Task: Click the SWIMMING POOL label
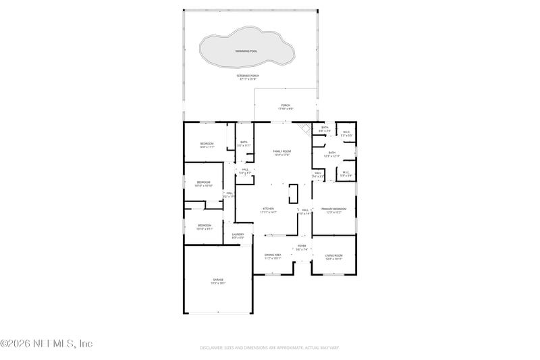tap(246, 51)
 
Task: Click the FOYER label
tap(302, 247)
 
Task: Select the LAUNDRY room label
tap(238, 236)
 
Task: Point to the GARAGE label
tap(218, 281)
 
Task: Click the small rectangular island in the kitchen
tap(293, 194)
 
